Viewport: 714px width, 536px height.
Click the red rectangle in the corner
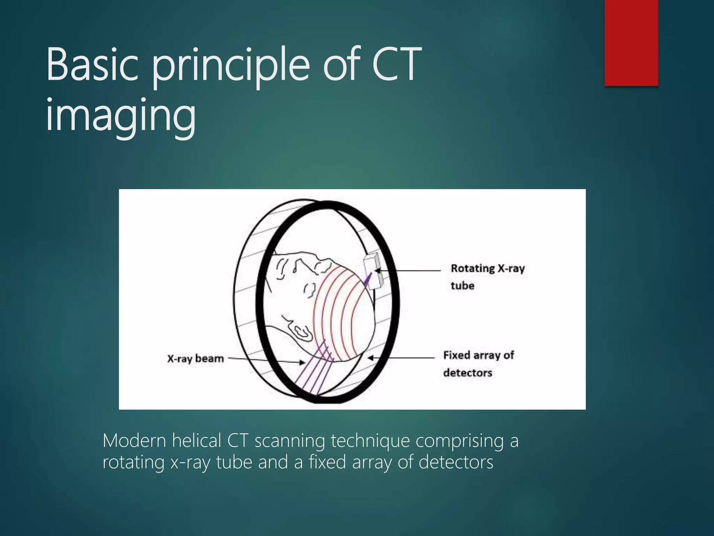pyautogui.click(x=631, y=43)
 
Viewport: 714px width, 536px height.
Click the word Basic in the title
pyautogui.click(x=92, y=65)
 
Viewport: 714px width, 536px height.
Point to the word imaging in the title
pyautogui.click(x=121, y=115)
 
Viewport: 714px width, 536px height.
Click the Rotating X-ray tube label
pyautogui.click(x=487, y=277)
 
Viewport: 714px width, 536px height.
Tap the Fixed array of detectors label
pyautogui.click(x=478, y=364)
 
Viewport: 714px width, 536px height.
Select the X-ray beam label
pyautogui.click(x=195, y=358)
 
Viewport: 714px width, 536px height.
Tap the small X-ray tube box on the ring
pyautogui.click(x=372, y=270)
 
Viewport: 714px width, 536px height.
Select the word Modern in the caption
pyautogui.click(x=134, y=441)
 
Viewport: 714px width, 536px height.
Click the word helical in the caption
pyautogui.click(x=197, y=441)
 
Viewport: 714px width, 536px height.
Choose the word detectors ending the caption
pyautogui.click(x=456, y=462)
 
